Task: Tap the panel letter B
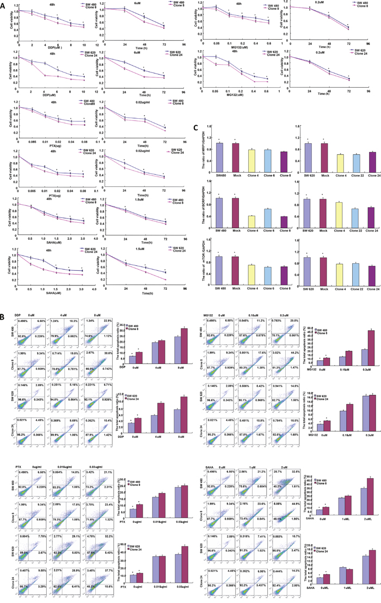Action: click(x=4, y=316)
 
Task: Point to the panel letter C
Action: click(x=188, y=130)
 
